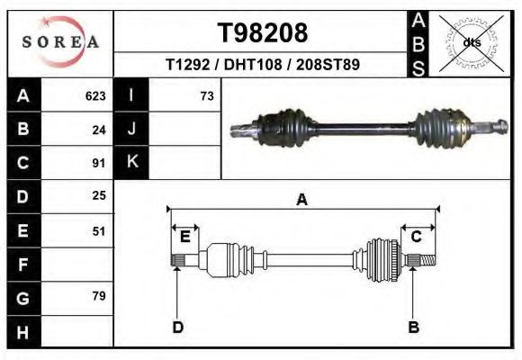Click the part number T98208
click(263, 33)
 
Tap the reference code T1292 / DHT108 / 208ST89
click(263, 66)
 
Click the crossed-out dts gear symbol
click(472, 43)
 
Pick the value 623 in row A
click(95, 95)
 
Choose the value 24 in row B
click(99, 130)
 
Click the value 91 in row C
click(99, 164)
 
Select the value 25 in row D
click(99, 195)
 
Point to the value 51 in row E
click(99, 231)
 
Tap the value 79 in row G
click(99, 296)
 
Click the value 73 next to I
click(206, 95)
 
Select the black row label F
click(23, 265)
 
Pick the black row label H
click(23, 331)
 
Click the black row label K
click(131, 163)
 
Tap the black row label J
click(131, 130)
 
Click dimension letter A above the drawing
click(302, 201)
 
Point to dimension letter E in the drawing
click(184, 237)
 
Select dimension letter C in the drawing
click(416, 237)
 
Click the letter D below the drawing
click(178, 327)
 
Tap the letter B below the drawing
click(414, 327)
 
